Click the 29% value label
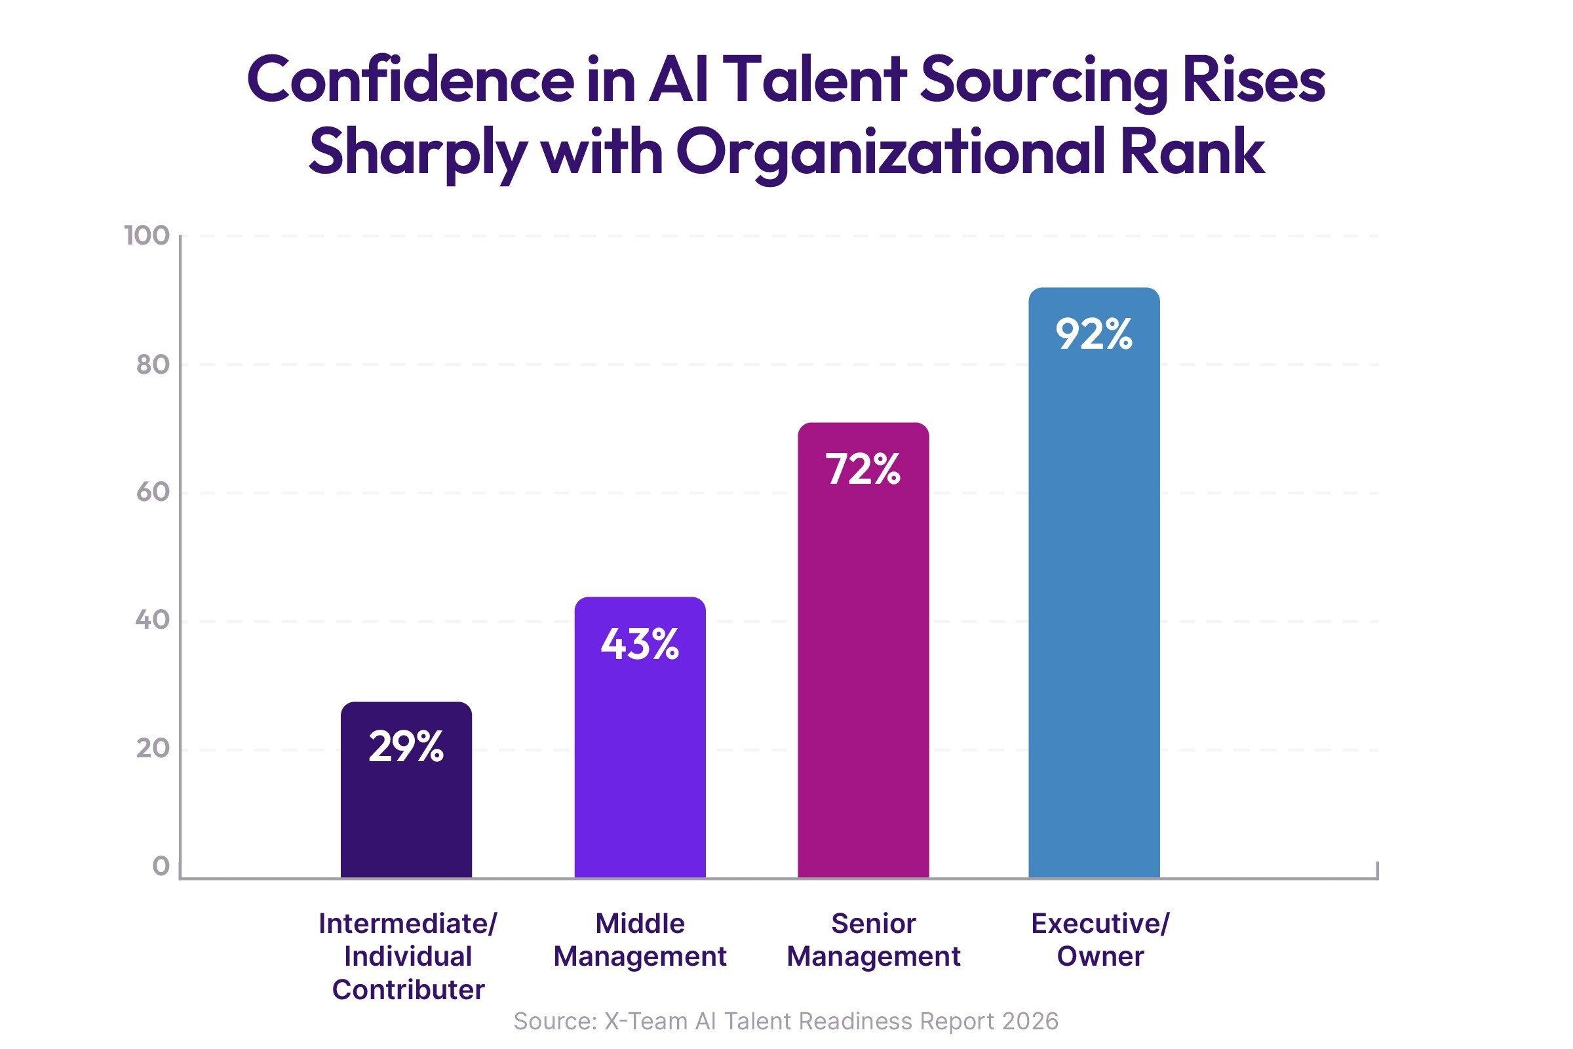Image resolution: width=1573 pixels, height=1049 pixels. tap(406, 747)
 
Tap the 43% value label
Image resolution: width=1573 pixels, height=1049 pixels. tap(640, 644)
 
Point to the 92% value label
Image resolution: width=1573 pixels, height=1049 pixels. tap(1093, 334)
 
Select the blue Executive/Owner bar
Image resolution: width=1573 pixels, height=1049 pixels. tap(1093, 602)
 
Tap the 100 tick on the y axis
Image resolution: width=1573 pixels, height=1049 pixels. tap(147, 235)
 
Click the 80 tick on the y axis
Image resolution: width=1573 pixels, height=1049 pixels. tap(153, 365)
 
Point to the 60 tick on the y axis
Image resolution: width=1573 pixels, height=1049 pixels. tap(153, 492)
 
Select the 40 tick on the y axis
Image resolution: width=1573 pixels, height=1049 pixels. tap(153, 620)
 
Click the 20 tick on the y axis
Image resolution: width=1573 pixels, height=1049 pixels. tap(153, 749)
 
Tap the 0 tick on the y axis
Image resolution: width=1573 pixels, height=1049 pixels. tap(161, 866)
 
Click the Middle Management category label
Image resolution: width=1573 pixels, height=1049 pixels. tap(640, 940)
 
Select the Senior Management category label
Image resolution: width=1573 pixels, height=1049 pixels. tap(873, 940)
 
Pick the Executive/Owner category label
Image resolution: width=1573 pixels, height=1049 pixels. tap(1100, 940)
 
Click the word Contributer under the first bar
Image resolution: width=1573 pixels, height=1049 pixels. tap(408, 989)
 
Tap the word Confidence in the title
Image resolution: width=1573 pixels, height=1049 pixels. tap(410, 80)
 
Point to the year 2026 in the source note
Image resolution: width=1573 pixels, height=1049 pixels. tap(1030, 1021)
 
